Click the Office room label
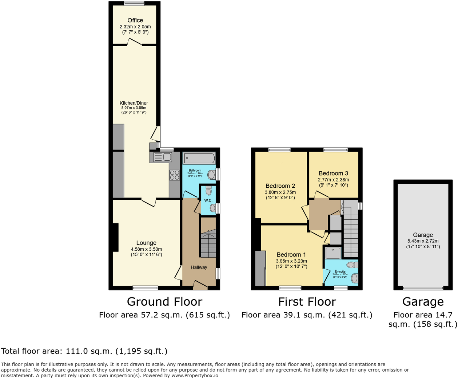tap(135, 20)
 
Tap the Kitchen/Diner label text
tap(134, 103)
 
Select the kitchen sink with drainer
tap(163, 157)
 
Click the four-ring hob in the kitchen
tap(174, 175)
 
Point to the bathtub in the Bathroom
tap(199, 159)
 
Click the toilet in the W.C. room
tap(208, 191)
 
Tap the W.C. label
tap(208, 201)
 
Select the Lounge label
tap(146, 243)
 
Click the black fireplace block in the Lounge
tap(116, 237)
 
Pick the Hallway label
tap(199, 267)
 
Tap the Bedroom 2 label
tap(280, 186)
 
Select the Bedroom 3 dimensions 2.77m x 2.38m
tap(333, 180)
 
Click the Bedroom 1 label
tap(291, 255)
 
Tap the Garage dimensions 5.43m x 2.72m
tap(423, 241)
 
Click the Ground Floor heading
tap(164, 302)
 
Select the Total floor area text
tap(84, 351)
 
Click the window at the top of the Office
tap(134, 4)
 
